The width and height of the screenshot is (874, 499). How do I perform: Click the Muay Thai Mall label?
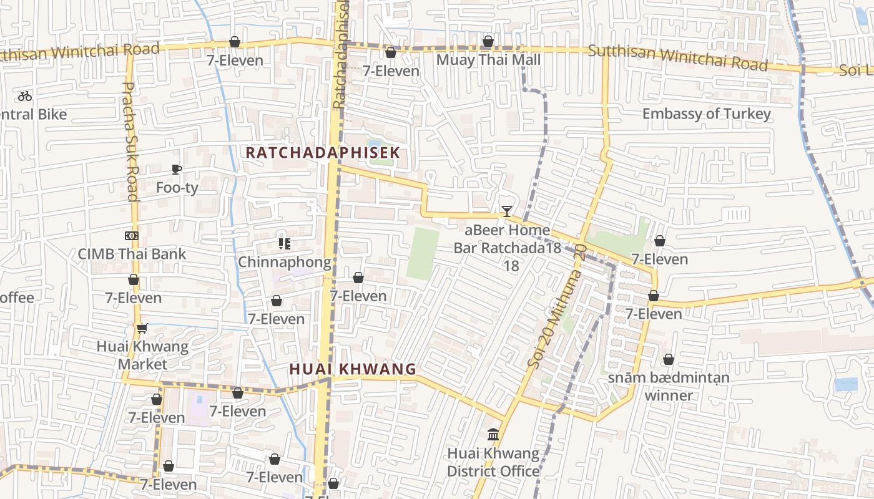488,60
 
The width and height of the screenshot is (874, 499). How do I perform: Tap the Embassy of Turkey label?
707,114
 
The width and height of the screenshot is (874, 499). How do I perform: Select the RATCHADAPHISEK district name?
322,153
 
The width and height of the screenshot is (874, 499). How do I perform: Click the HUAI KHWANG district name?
353,369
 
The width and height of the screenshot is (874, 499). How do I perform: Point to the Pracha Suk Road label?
130,142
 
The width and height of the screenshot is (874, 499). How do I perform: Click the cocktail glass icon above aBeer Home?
507,211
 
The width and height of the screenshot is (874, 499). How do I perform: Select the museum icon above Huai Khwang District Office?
493,434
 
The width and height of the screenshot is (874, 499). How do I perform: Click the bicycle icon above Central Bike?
25,96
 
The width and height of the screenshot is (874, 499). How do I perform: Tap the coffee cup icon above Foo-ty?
177,169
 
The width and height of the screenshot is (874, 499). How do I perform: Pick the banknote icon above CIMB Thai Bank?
131,236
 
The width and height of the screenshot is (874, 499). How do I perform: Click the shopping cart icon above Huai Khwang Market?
142,328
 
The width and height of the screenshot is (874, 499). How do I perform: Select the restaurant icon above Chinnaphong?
285,243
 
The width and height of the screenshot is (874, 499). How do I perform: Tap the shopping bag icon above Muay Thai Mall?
488,42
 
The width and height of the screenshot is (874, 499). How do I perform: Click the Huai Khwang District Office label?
493,462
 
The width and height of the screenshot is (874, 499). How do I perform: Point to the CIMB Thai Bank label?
132,254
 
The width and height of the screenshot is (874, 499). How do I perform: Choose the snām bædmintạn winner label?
669,386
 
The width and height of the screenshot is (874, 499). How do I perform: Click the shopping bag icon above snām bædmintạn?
669,360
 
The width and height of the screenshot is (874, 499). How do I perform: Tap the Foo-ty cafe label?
177,187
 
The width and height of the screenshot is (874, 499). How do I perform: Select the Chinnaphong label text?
285,262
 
